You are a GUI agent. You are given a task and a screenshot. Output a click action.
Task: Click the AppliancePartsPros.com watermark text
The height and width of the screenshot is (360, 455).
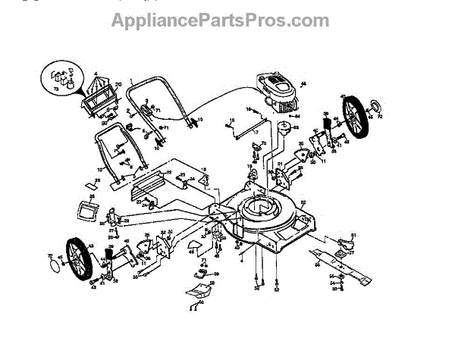(220, 20)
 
